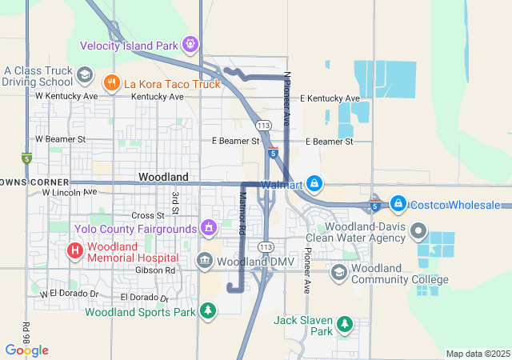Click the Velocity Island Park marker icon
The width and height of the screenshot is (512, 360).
[190, 44]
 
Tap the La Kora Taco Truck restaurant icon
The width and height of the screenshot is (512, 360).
[112, 82]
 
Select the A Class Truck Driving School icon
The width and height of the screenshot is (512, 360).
[84, 75]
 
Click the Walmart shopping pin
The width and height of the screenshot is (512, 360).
[315, 183]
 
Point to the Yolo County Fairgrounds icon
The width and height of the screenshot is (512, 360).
[209, 229]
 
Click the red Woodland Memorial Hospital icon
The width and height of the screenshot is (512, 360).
[74, 251]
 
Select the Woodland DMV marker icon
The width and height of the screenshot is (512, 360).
[205, 261]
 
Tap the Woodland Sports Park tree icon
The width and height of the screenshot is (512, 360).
[208, 310]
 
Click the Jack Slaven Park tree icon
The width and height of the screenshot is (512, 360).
[345, 324]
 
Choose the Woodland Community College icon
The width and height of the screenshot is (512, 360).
[338, 273]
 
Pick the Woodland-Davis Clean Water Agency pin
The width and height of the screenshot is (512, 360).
[418, 232]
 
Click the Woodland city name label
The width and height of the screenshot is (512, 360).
[163, 176]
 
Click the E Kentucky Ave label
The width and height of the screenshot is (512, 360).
[330, 98]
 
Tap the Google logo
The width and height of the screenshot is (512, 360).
[26, 350]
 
